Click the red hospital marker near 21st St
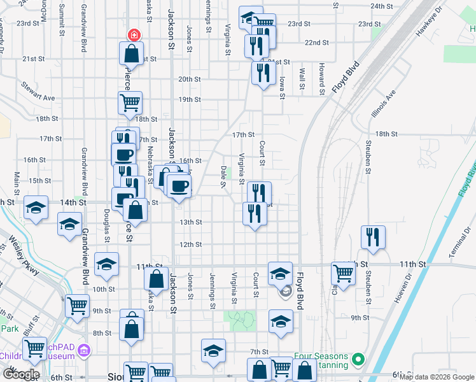pos(134,34)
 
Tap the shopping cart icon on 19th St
pos(130,102)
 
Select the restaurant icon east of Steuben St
pos(373,237)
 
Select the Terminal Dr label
pos(461,242)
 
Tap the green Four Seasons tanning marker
pos(358,360)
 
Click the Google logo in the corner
pos(21,374)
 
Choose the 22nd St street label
pos(316,43)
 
